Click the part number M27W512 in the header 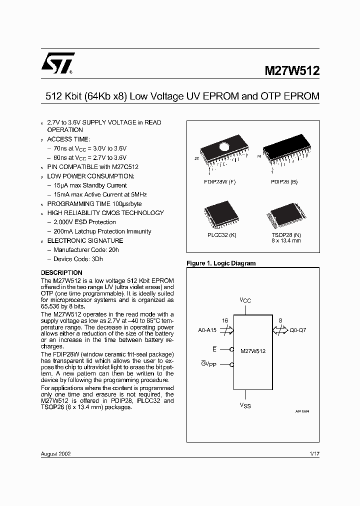point(291,71)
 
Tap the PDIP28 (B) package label point(283,182)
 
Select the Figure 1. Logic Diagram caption point(220,263)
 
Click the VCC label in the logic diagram point(245,300)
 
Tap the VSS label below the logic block point(245,405)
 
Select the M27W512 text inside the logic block point(253,351)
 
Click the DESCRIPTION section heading point(61,272)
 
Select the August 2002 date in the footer point(55,454)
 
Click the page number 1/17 point(313,454)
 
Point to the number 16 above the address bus point(224,320)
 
